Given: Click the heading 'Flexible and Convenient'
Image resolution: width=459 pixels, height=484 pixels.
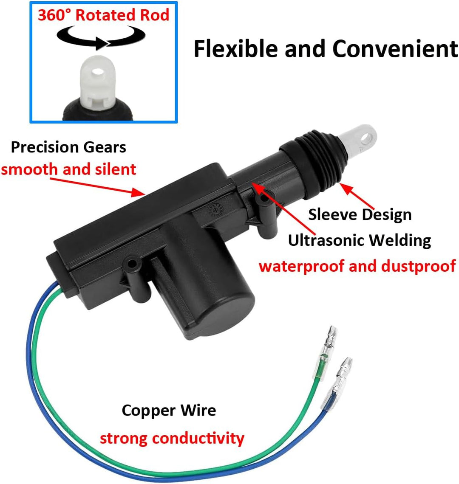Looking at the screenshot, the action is coord(326,49).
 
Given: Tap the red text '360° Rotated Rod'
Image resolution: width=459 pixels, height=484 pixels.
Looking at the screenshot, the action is coord(104,15).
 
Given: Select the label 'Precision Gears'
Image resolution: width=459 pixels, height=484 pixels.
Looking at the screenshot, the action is coord(68,147).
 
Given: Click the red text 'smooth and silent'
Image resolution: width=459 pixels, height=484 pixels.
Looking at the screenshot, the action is coord(68,169).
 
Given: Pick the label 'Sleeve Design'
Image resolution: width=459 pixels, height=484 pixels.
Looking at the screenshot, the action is coord(360,214).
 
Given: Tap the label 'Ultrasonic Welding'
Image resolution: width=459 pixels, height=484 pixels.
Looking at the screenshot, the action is coord(360,240).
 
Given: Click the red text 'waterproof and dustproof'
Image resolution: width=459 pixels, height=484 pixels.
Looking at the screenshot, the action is coord(357,266).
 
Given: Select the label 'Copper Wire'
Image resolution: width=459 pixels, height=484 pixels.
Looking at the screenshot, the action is coord(169,411).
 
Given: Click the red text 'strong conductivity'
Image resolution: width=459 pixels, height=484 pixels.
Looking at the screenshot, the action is coord(172,438).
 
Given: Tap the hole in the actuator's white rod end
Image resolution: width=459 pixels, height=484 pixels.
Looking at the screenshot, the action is coord(366,138).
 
